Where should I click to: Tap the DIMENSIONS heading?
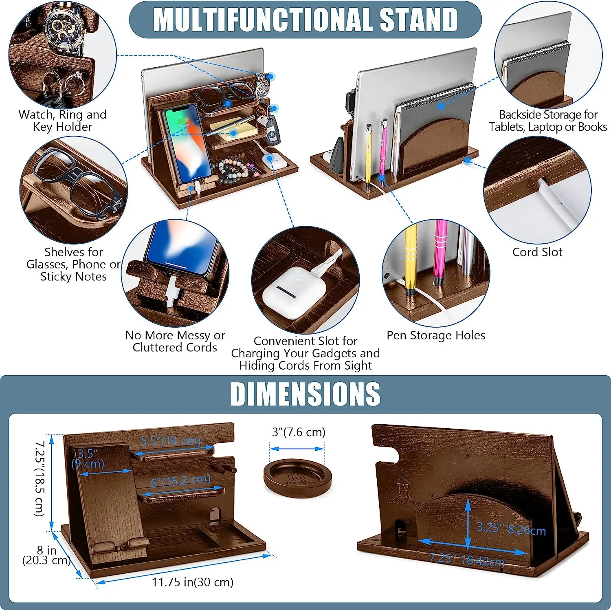tap(305, 394)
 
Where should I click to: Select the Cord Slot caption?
tap(537, 252)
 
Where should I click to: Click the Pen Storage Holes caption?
tap(436, 335)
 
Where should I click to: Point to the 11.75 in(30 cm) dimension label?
tap(193, 582)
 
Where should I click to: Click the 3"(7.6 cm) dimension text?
tap(299, 432)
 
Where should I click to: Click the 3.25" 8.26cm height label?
tap(511, 529)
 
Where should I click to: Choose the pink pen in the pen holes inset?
tap(440, 253)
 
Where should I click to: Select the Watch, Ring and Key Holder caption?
tap(62, 121)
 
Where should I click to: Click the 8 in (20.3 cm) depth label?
tap(46, 555)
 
